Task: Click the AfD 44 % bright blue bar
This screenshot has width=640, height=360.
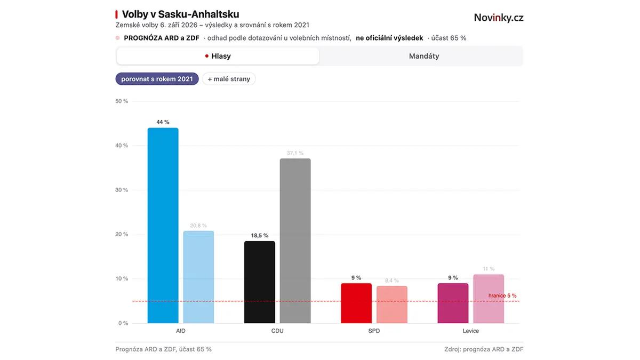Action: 163,226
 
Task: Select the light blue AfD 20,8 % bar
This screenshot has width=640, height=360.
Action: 198,277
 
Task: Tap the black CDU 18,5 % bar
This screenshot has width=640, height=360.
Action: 259,282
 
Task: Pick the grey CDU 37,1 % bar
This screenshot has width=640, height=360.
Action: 295,241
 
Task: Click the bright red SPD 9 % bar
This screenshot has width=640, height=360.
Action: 356,303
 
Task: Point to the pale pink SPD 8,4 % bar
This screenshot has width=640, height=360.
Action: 391,305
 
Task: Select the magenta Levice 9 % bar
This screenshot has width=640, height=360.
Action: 453,303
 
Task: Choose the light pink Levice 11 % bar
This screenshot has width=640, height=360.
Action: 489,299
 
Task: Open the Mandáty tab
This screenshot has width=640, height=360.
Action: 423,56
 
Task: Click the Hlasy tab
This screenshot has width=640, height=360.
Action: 218,56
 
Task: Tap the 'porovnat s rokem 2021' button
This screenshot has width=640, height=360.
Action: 157,79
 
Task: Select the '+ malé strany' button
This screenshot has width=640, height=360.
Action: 229,79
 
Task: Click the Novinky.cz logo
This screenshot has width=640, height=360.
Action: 499,18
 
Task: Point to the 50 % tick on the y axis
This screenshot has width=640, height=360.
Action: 122,101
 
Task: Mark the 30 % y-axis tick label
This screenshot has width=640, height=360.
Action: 122,190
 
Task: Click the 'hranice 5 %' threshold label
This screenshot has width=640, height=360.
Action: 502,295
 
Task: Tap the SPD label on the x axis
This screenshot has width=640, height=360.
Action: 374,331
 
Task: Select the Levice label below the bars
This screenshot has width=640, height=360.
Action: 470,331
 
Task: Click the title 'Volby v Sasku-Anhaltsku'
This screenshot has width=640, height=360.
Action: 181,14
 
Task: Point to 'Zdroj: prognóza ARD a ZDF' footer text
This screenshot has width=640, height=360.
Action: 484,349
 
